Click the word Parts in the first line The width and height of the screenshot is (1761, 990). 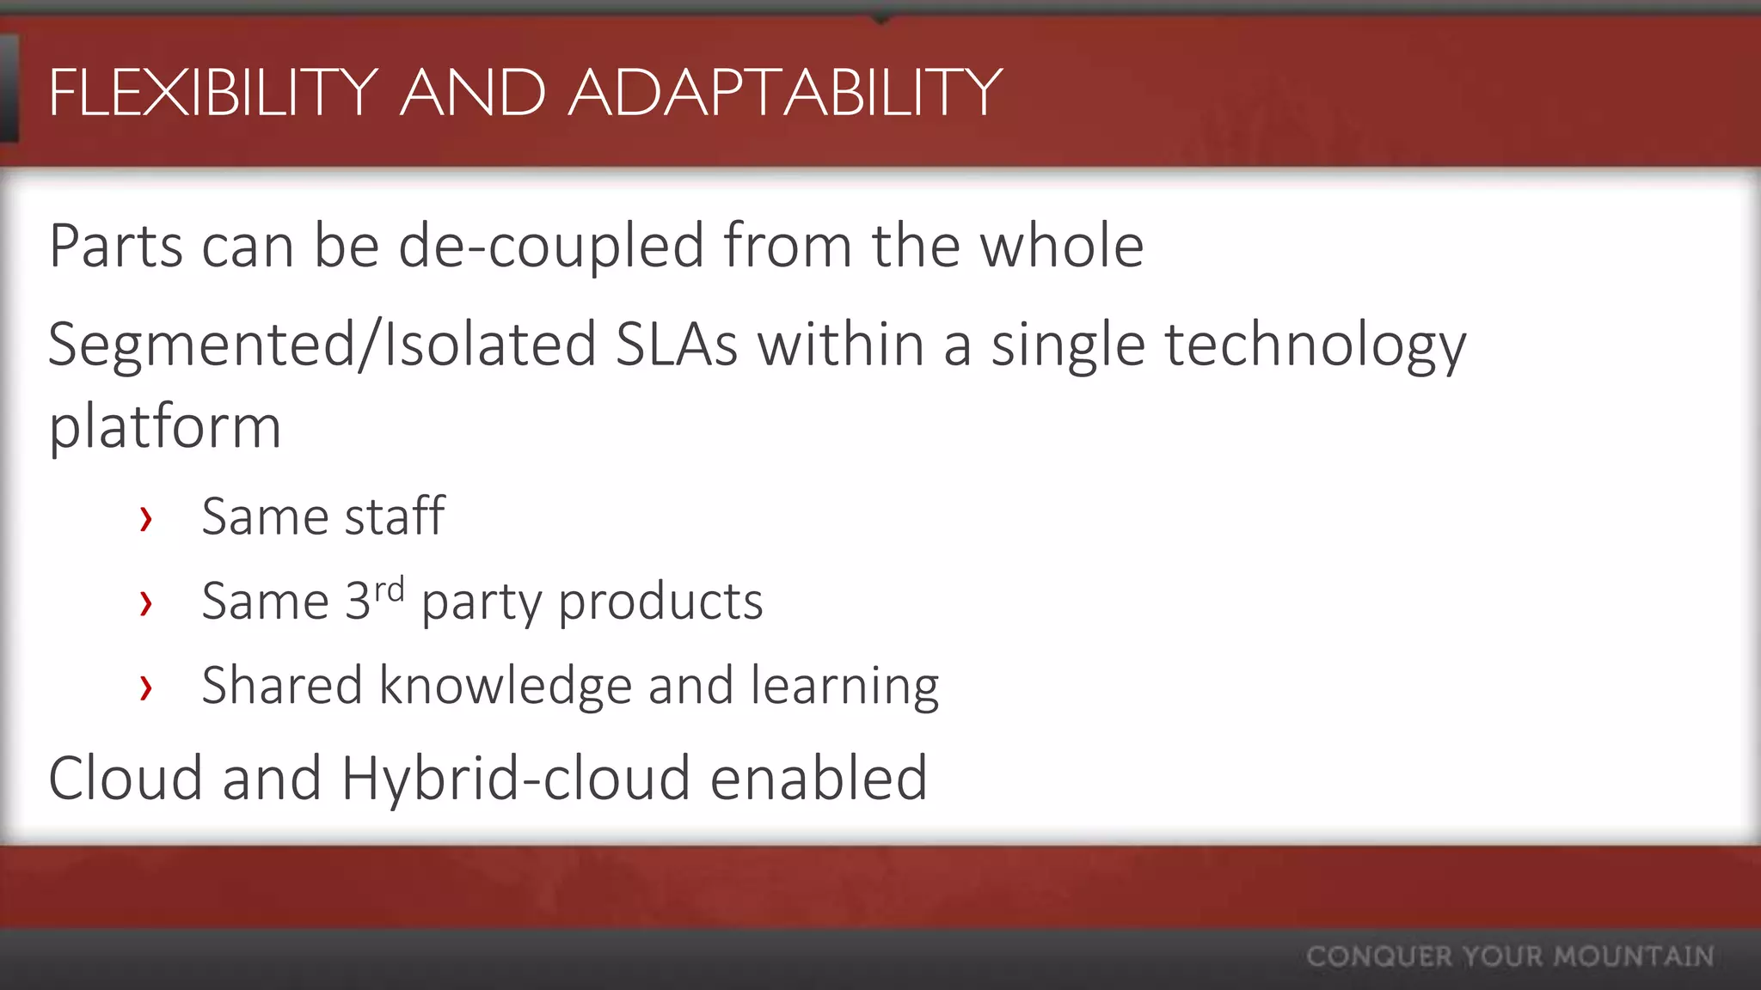(x=116, y=247)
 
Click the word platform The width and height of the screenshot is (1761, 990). (x=165, y=428)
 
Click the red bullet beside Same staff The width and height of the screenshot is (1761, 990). (x=146, y=519)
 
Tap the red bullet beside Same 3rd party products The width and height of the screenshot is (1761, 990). (x=146, y=603)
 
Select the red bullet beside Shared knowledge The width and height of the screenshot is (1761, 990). (x=146, y=687)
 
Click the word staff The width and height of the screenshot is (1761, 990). (x=395, y=516)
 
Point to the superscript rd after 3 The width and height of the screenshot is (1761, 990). (x=389, y=590)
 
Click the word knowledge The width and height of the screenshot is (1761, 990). (x=506, y=686)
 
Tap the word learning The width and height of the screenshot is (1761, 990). (x=844, y=687)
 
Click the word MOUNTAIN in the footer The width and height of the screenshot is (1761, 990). (x=1634, y=956)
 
